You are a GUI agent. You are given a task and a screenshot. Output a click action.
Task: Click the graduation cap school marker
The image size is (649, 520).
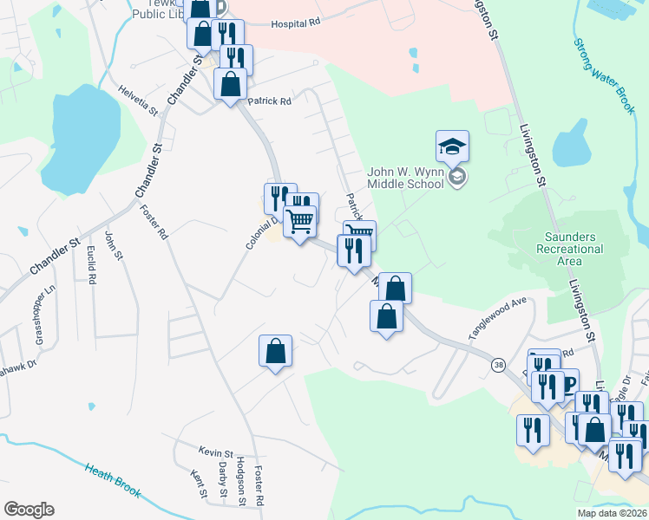pos(452,146)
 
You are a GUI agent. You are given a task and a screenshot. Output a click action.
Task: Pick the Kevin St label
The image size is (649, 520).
pos(217,453)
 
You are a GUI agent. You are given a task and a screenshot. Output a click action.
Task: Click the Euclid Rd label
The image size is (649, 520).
pos(90,269)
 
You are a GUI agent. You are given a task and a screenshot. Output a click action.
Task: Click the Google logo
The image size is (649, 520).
pos(29,510)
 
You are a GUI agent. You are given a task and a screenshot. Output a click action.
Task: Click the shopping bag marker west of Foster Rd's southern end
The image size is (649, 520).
pos(275,352)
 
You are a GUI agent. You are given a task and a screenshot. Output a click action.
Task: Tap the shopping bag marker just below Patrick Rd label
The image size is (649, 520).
pos(230,85)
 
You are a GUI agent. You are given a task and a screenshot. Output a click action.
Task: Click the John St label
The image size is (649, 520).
pos(110,245)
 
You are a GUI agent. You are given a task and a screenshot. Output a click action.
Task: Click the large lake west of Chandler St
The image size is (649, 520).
pos(82,139)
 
